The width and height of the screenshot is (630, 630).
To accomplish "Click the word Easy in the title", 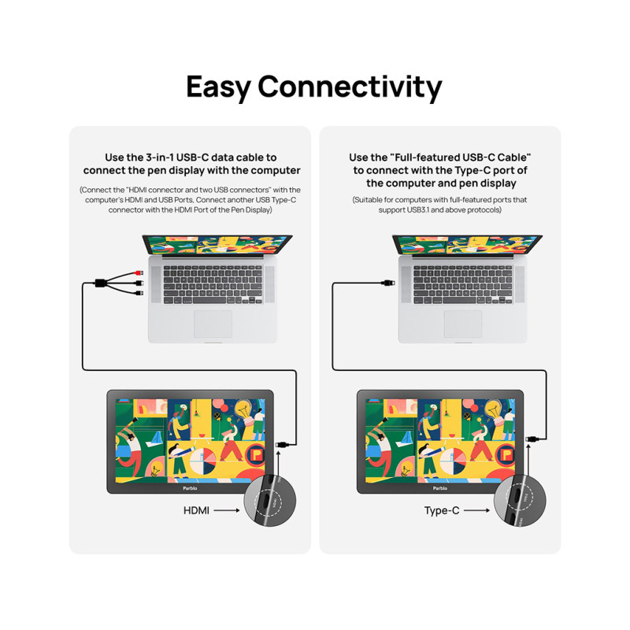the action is click(x=219, y=87).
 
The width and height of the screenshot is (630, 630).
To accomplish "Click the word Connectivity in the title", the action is click(x=350, y=87).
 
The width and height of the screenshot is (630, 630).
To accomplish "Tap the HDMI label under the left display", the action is click(x=196, y=510).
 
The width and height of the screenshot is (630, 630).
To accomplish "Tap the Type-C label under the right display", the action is click(x=442, y=510).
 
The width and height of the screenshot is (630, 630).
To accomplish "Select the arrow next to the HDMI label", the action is click(x=227, y=510).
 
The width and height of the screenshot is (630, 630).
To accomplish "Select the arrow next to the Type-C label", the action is click(x=477, y=510).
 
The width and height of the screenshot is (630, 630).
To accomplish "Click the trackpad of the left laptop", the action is click(x=213, y=324).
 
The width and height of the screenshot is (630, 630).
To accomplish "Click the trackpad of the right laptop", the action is click(x=463, y=324).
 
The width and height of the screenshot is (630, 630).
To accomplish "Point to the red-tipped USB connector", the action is click(x=139, y=273).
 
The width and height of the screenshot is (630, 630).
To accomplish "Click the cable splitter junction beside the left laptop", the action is click(x=101, y=283).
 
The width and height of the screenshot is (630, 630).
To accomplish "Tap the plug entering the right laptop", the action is click(x=388, y=283).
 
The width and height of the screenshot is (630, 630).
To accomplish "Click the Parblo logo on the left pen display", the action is click(x=190, y=488).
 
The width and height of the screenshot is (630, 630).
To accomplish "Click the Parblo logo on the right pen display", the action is click(x=440, y=488).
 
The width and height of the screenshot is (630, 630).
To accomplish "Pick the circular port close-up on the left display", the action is click(x=270, y=501).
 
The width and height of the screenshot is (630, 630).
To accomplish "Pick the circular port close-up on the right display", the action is click(x=520, y=501).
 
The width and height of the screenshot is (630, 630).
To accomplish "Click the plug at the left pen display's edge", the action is click(x=282, y=444).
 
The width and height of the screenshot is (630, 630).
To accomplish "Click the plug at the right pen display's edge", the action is click(x=532, y=439).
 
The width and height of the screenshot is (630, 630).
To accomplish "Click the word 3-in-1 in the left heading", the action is click(x=160, y=157).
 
